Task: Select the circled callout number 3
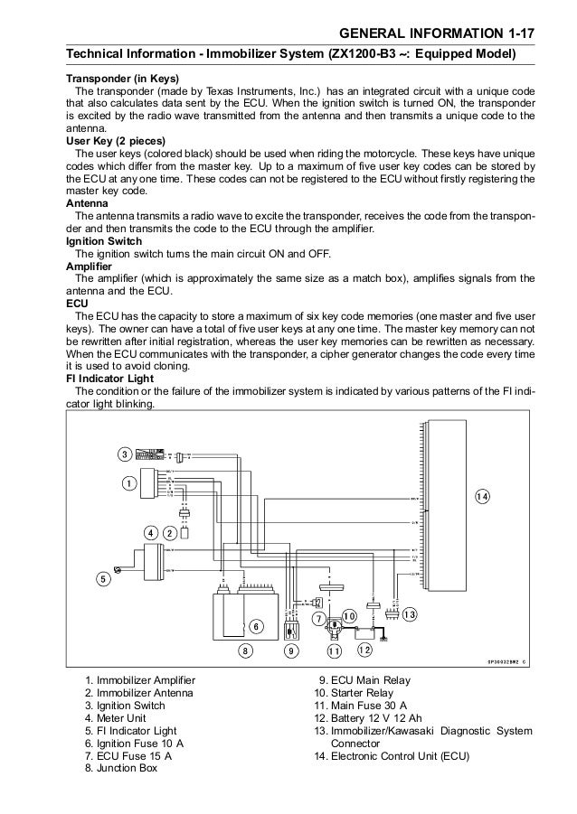click(124, 453)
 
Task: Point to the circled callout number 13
click(409, 614)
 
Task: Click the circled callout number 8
click(242, 650)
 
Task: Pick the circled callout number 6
click(255, 626)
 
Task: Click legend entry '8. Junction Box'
click(120, 769)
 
